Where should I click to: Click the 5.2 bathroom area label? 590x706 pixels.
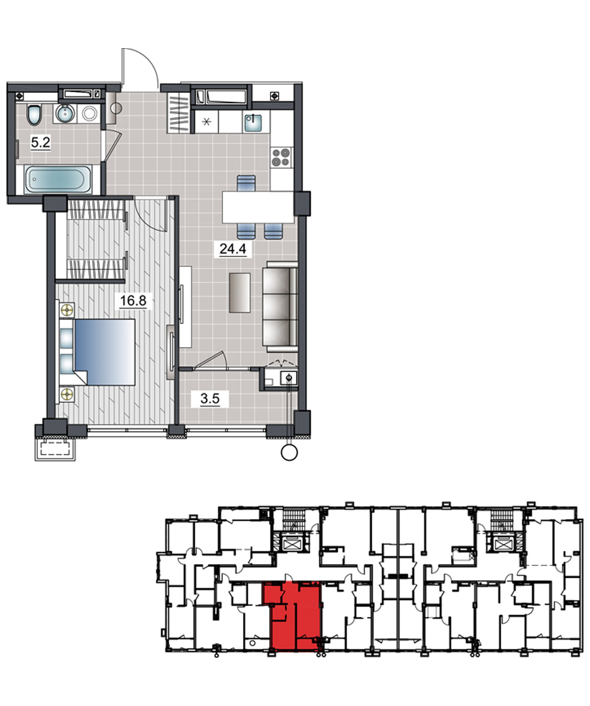point(41,142)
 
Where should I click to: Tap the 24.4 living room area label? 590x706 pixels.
point(232,249)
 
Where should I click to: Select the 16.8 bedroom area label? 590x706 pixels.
point(133,300)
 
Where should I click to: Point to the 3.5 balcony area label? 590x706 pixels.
point(209,399)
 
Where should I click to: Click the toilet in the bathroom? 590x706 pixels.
point(34,115)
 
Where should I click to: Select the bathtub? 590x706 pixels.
point(58,179)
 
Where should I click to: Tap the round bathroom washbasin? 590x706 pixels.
point(65,114)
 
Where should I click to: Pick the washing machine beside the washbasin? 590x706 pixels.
point(89,114)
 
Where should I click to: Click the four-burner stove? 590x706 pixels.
point(281,157)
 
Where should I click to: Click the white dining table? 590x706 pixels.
point(258,207)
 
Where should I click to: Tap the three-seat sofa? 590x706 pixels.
point(280,307)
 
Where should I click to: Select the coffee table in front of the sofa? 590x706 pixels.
point(240,293)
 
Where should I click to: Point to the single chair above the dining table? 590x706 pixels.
point(246,183)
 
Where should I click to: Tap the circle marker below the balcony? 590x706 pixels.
point(289,453)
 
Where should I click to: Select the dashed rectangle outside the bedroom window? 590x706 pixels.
point(55,449)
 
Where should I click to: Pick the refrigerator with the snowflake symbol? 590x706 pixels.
point(206,121)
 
